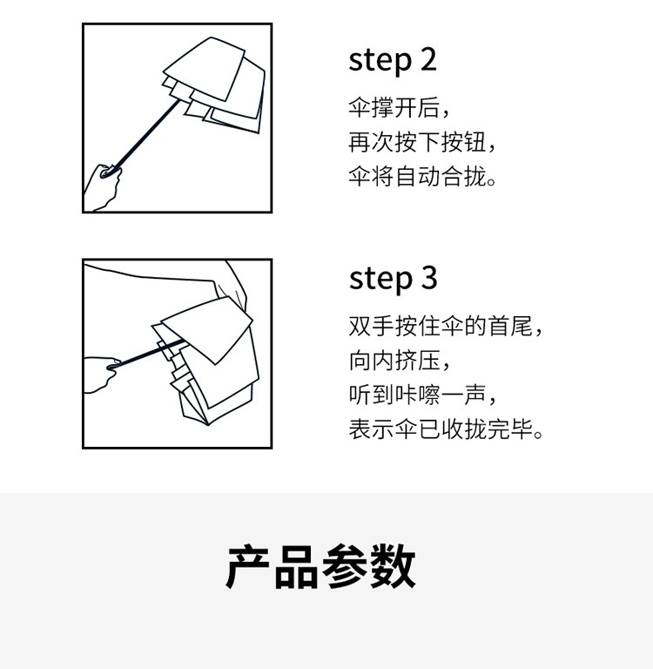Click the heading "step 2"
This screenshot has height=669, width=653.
tap(393, 61)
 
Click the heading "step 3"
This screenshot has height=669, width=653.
tap(393, 279)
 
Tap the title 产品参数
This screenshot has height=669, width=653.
tap(320, 566)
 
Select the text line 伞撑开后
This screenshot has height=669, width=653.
tap(400, 107)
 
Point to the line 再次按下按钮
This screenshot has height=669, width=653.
tap(421, 142)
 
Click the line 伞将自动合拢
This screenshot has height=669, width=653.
tap(422, 176)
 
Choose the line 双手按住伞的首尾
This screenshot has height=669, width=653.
tap(446, 326)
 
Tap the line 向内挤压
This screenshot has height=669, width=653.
tap(400, 361)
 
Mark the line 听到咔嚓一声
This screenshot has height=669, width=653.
tap(422, 395)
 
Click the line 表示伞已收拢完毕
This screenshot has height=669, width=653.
tap(446, 429)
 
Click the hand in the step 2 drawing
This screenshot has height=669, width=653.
tap(103, 188)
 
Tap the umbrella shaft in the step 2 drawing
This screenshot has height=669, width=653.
tap(145, 134)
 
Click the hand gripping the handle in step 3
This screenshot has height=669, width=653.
tap(101, 375)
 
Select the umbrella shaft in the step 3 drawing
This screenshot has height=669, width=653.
tap(148, 354)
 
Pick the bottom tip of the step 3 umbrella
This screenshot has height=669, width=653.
tap(208, 425)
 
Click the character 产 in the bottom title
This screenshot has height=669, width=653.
tap(248, 566)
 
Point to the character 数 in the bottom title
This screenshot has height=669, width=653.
tap(393, 566)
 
